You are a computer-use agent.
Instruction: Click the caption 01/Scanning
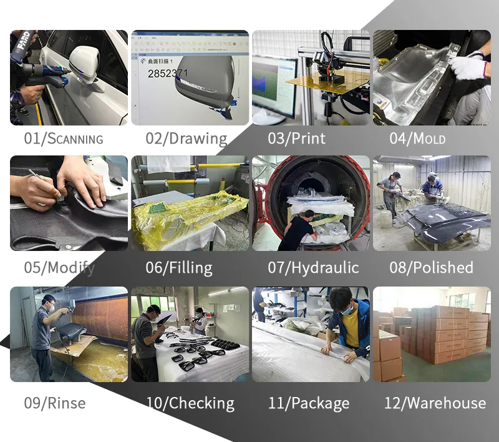coord(63,138)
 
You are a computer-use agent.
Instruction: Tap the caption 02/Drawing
coord(187,138)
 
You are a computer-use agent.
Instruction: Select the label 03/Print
coord(297,138)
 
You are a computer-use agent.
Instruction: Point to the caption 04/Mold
coord(417,138)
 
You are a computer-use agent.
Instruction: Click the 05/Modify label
coord(60,268)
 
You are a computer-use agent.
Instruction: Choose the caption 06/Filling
coord(179,268)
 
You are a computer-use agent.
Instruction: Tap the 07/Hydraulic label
coord(314,268)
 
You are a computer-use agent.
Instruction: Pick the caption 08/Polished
coord(431,268)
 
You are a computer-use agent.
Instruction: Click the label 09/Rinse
coord(55,403)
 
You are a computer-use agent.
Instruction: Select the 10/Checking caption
coord(190,403)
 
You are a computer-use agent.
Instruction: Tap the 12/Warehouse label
coord(435,403)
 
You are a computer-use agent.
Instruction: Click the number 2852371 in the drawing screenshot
coord(167,73)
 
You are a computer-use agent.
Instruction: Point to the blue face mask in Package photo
coord(347,308)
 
